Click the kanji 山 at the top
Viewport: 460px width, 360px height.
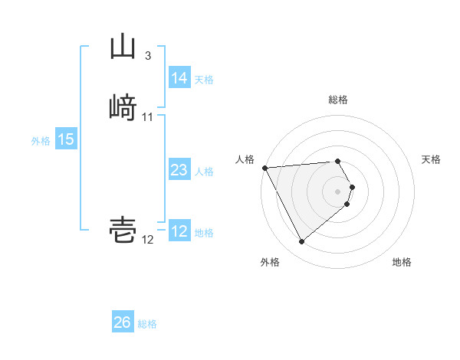[x=123, y=47]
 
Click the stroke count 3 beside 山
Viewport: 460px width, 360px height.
[x=147, y=56]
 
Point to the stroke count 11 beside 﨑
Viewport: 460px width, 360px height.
[x=147, y=117]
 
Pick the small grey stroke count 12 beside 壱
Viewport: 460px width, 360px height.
[x=147, y=240]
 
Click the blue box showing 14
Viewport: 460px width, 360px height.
[x=179, y=78]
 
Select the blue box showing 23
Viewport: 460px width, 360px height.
[x=179, y=171]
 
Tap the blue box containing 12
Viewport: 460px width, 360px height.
[x=179, y=232]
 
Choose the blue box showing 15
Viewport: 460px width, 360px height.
[x=65, y=139]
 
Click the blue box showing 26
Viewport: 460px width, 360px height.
[x=122, y=323]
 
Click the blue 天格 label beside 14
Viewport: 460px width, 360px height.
[x=204, y=79]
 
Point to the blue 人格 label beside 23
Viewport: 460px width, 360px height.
[x=204, y=172]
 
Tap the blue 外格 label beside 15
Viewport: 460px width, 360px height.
[x=41, y=140]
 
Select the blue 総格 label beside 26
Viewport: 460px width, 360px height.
[x=147, y=324]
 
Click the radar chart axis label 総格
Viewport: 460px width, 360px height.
[x=338, y=100]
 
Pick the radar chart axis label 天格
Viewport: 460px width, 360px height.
[x=431, y=159]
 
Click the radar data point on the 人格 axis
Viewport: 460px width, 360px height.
[x=264, y=168]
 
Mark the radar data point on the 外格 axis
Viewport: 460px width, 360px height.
[x=301, y=242]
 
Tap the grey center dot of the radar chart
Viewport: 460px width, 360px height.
[x=338, y=191]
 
